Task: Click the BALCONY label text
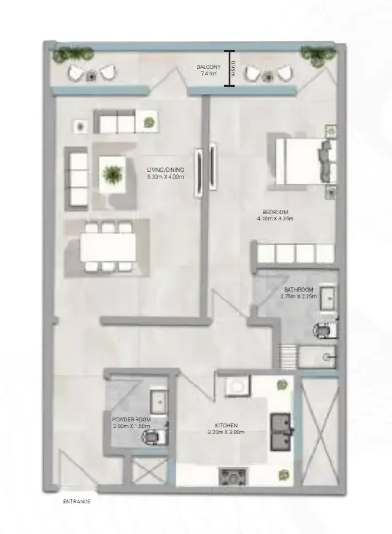pos(208,67)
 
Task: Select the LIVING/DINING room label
pos(165,169)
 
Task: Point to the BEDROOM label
pos(275,212)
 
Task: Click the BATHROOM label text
pos(298,290)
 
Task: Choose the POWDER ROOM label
pos(131,419)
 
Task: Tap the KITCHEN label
pos(226,425)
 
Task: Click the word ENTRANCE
pos(77,501)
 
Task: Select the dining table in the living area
pos(108,248)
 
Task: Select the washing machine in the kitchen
pos(238,385)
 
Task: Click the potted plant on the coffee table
pos(112,173)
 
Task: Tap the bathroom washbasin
pos(328,298)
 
